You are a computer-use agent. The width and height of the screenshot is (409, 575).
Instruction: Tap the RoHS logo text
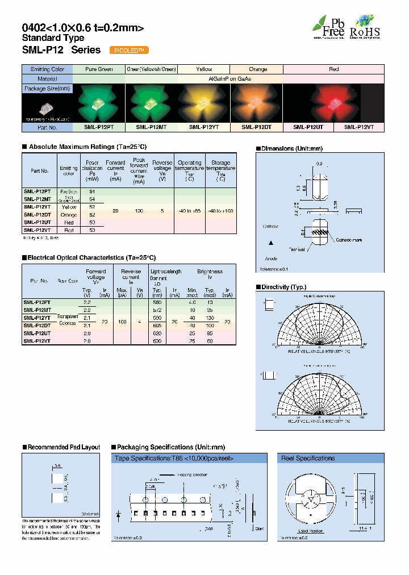pyautogui.click(x=365, y=32)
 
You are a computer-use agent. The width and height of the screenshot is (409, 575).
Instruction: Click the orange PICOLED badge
pyautogui.click(x=128, y=50)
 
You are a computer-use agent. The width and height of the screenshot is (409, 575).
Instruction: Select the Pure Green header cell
pyautogui.click(x=99, y=69)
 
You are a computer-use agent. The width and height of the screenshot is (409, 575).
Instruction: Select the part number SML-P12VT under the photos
pyautogui.click(x=358, y=127)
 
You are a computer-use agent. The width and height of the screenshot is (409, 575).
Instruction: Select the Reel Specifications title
pyautogui.click(x=308, y=458)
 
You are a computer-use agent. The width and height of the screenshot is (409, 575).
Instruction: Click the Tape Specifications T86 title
pyautogui.click(x=174, y=458)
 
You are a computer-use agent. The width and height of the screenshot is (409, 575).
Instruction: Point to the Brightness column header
pyautogui.click(x=210, y=272)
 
